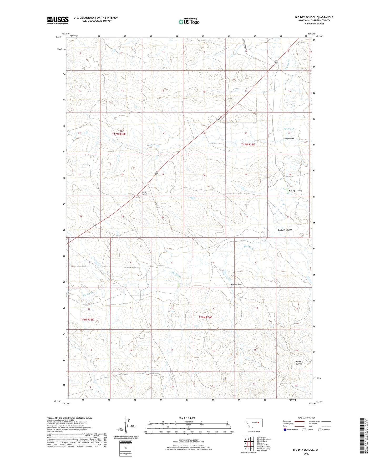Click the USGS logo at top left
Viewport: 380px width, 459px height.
[x=58, y=20]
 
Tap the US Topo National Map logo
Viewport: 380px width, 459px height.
[x=189, y=22]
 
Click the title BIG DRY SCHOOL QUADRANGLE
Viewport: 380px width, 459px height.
[x=314, y=17]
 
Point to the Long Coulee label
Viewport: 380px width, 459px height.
[x=289, y=139]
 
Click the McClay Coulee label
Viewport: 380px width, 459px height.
[x=295, y=191]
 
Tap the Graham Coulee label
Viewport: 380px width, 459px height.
[x=285, y=230]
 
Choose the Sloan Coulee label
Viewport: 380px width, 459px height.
[x=237, y=284]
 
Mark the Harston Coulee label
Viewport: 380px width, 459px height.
[x=299, y=363]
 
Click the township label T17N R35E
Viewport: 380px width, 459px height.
[x=119, y=134]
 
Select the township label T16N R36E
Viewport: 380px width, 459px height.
[x=205, y=317]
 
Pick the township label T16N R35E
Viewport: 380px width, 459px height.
[x=87, y=320]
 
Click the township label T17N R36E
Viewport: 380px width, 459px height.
[x=248, y=145]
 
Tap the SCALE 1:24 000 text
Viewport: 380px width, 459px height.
[x=187, y=418]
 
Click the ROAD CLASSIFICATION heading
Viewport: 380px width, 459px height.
[x=306, y=418]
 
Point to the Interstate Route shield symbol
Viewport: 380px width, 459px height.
[x=285, y=430]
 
